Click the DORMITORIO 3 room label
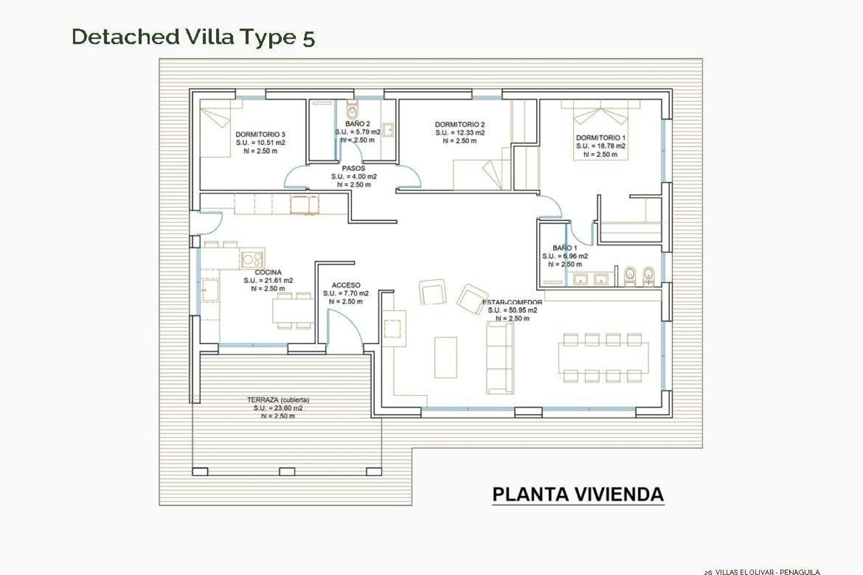pos(260,134)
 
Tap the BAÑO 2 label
pos(358,124)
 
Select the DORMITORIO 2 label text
pos(460,124)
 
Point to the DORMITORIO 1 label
pos(601,138)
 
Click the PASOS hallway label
pos(354,168)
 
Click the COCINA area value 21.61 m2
pos(268,280)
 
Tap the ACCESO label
pos(346,285)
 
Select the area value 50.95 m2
pos(512,310)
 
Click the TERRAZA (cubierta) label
pos(278,400)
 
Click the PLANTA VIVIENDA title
pos(578,494)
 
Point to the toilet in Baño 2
pos(352,109)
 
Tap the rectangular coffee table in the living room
pos(445,357)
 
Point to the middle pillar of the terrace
pos(286,472)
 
